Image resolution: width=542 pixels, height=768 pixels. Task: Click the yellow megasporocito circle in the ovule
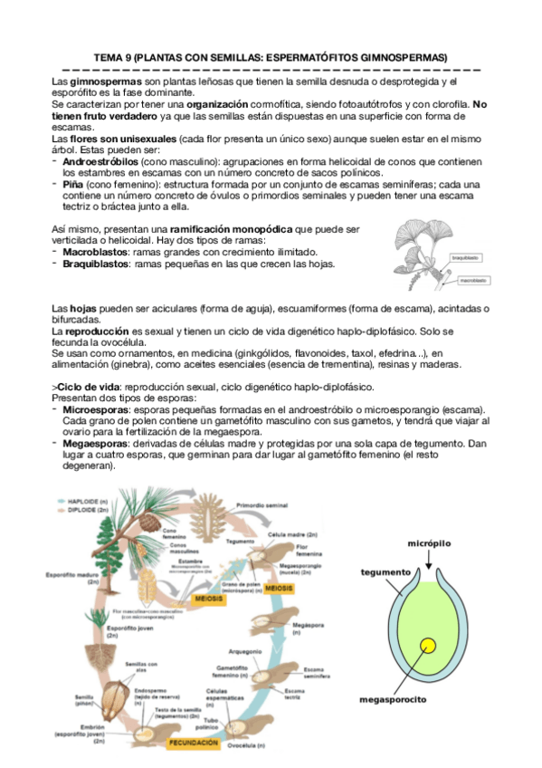click(426, 647)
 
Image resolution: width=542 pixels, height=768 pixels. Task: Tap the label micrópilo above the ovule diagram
click(429, 542)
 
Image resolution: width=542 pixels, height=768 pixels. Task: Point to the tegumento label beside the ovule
click(385, 572)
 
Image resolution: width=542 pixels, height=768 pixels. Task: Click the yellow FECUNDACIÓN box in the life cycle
click(194, 742)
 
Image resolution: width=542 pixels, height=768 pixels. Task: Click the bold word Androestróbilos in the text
click(99, 159)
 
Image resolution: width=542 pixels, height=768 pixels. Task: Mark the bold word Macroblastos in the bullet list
click(94, 252)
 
